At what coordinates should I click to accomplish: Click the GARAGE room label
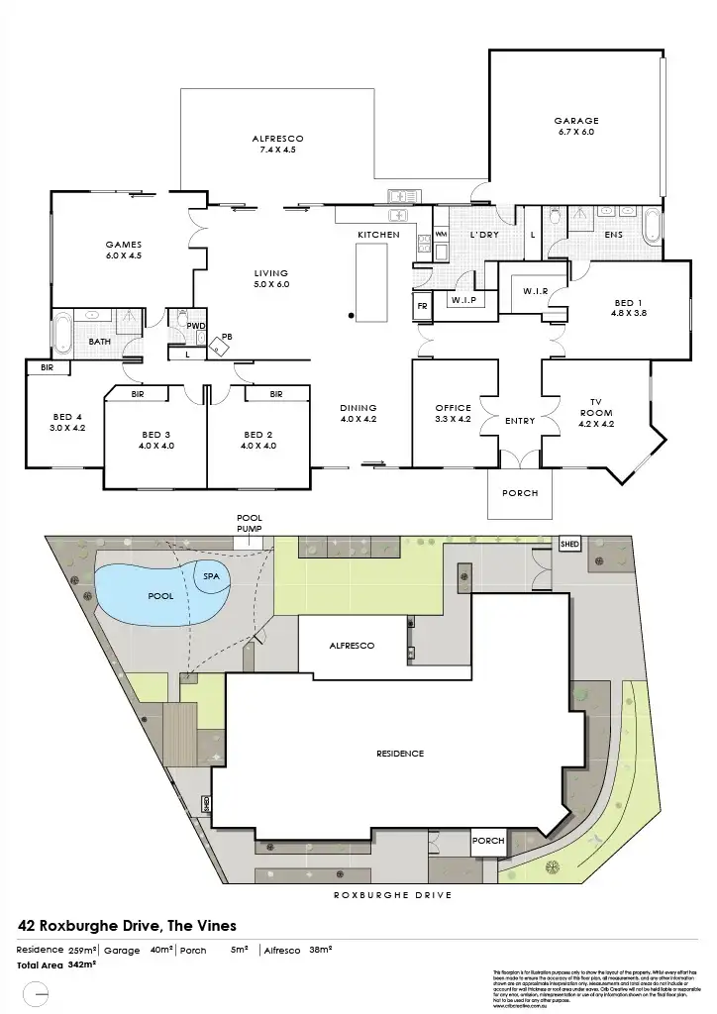pos(575,122)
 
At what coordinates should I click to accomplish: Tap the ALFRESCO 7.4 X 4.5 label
pos(277,138)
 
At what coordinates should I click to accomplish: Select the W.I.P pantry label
pos(464,299)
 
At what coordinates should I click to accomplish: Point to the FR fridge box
pos(422,306)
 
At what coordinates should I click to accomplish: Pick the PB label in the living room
pos(227,337)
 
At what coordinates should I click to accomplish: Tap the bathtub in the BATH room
pos(61,333)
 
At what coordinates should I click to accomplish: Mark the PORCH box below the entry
pos(519,492)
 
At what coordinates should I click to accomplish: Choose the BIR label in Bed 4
pos(47,367)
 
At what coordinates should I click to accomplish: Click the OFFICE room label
pos(454,408)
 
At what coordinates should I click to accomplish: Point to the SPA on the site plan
pos(211,575)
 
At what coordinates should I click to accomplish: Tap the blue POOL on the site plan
pos(144,595)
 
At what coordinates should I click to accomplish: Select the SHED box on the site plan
pos(569,545)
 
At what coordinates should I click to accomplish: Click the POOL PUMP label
pos(249,523)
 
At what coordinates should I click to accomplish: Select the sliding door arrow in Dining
pos(373,461)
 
